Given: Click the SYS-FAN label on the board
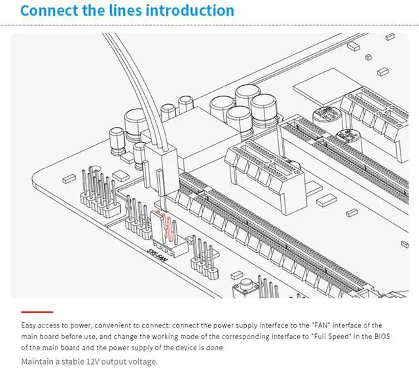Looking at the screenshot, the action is tap(158, 255).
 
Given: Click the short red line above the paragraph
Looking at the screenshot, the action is tap(37, 312).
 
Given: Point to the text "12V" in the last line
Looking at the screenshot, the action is tap(93, 361).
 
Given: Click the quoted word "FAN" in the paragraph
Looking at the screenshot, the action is tap(321, 325).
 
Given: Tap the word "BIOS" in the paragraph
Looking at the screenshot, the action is tap(382, 336).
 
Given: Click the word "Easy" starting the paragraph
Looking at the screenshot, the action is tap(29, 325).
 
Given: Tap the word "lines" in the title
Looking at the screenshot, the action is tap(125, 10).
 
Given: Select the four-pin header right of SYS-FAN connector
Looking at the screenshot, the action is tap(204, 257).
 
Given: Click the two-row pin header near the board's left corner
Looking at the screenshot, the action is tap(100, 193).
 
